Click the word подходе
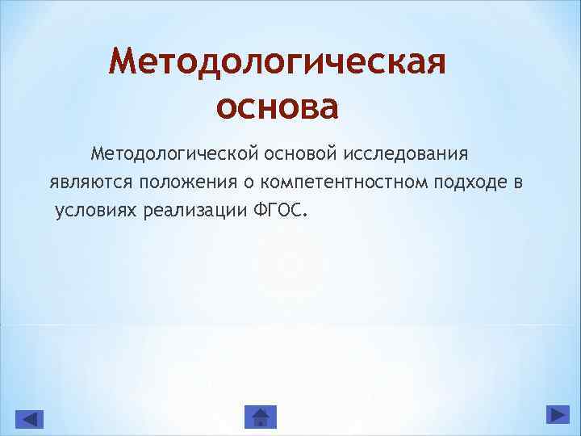pos(460,182)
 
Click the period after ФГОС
pos(305,216)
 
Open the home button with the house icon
pos(260,417)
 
